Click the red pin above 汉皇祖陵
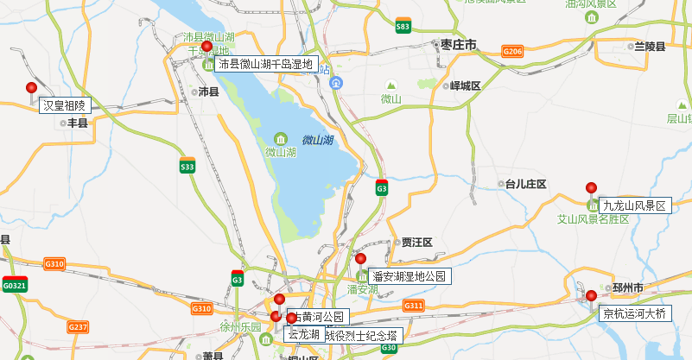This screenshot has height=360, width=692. pyautogui.click(x=32, y=87)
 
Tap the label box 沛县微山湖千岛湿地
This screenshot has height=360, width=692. pyautogui.click(x=267, y=64)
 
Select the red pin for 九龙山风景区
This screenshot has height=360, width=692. pyautogui.click(x=592, y=187)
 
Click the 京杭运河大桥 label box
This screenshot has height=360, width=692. pyautogui.click(x=635, y=313)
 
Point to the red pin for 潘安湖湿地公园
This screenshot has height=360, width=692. pyautogui.click(x=361, y=258)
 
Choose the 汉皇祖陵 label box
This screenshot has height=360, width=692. pyautogui.click(x=65, y=105)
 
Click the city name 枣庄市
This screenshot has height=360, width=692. pyautogui.click(x=458, y=44)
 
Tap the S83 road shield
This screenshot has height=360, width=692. pyautogui.click(x=403, y=26)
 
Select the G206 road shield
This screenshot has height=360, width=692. pyautogui.click(x=512, y=53)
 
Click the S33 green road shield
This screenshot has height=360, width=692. pyautogui.click(x=187, y=166)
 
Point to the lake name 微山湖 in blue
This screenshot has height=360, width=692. pyautogui.click(x=318, y=139)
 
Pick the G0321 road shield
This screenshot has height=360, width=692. pyautogui.click(x=15, y=285)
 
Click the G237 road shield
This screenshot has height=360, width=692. pyautogui.click(x=78, y=326)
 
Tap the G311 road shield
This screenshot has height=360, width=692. pyautogui.click(x=414, y=306)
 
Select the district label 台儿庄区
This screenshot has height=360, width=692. pyautogui.click(x=526, y=184)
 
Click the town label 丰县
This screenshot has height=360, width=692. pyautogui.click(x=78, y=123)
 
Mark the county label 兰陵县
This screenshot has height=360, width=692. pyautogui.click(x=649, y=46)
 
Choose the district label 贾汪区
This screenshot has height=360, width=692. pyautogui.click(x=416, y=243)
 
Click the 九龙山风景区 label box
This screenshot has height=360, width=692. pyautogui.click(x=635, y=205)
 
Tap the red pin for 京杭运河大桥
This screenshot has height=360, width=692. pyautogui.click(x=592, y=295)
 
